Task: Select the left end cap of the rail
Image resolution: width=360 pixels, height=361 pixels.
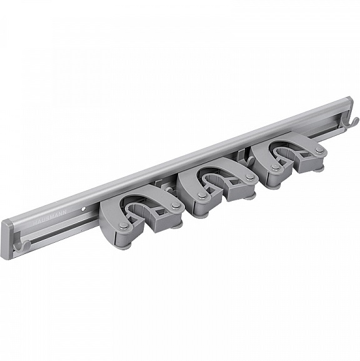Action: tap(6, 238)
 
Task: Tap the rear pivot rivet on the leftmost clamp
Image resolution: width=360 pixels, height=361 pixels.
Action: tap(176, 205)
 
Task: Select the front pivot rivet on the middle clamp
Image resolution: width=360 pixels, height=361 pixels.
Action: tap(201, 195)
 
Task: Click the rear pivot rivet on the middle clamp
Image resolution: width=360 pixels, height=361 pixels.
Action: tap(250, 177)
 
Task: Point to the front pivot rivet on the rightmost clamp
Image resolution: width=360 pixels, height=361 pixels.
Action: tap(275, 167)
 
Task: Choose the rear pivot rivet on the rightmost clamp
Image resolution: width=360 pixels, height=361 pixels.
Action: tap(319, 150)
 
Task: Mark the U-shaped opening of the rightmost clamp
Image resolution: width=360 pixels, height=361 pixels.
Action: tap(287, 153)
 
